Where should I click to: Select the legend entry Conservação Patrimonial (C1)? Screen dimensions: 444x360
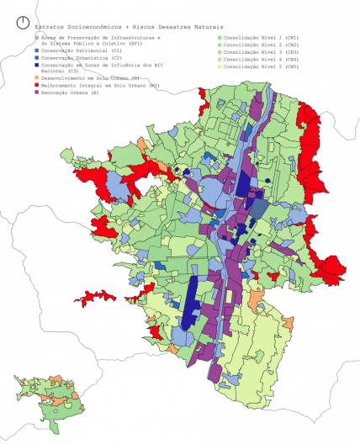click(x=80, y=51)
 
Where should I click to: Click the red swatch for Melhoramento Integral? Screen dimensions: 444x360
click(x=36, y=84)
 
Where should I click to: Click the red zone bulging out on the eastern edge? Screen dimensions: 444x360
click(x=331, y=267)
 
